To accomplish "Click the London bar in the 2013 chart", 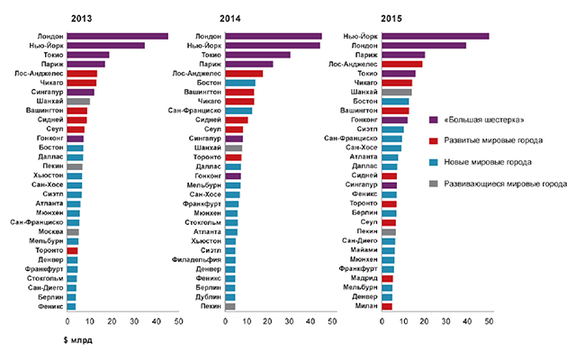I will point(117,36).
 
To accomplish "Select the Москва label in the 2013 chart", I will point(48,231).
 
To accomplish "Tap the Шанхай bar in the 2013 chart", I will point(78,102).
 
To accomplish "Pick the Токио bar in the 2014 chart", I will point(257,55).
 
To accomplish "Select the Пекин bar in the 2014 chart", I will point(230,306).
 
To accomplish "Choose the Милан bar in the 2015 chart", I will point(387,306).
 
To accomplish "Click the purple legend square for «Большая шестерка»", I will point(434,120).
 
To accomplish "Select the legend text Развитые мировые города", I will point(494,140).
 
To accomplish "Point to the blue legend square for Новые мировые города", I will point(434,162).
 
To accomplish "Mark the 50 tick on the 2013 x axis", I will point(178,321).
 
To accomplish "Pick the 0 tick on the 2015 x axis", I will point(382,321).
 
